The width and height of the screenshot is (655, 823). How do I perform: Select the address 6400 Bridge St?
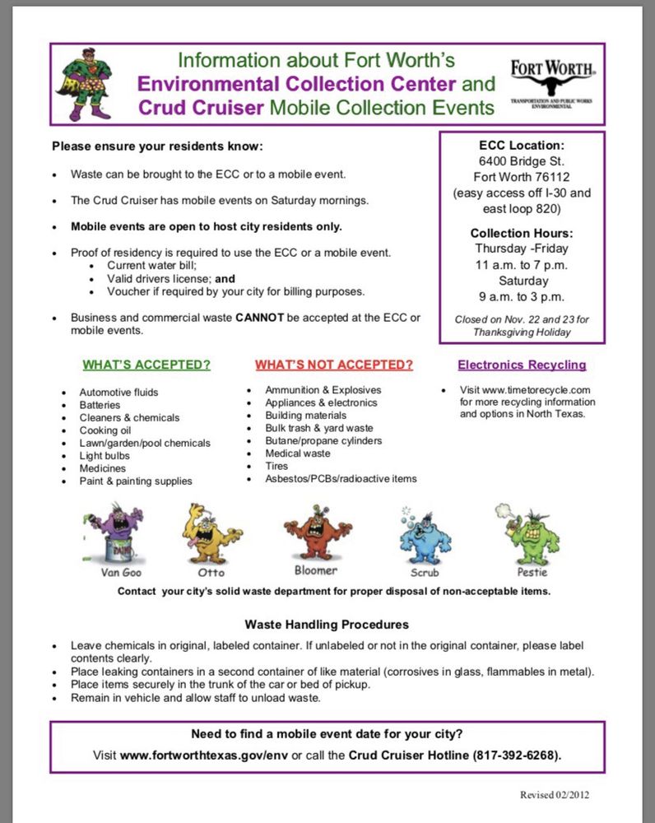pos(522,160)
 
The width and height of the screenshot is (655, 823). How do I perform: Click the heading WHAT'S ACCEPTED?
pos(146,365)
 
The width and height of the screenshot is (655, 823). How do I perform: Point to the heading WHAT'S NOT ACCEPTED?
pos(333,365)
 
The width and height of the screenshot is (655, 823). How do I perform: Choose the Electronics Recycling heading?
pos(522,365)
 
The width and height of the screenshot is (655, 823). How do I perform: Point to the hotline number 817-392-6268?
pos(515,755)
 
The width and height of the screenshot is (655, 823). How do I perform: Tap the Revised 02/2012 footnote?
pos(554,795)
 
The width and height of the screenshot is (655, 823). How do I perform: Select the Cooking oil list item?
pos(105,430)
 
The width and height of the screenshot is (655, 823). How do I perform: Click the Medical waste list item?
pos(298,453)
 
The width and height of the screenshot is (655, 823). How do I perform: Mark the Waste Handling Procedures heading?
pos(327,625)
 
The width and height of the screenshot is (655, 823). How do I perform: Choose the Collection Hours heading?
pos(522,233)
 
